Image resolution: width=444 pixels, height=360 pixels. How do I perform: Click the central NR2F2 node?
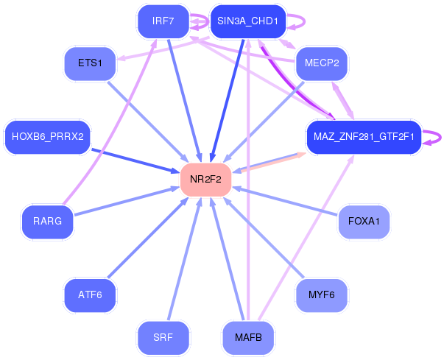click(x=206, y=180)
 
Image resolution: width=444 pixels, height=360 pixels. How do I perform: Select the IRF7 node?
click(x=163, y=21)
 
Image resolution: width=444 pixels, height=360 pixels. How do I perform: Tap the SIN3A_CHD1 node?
click(x=247, y=21)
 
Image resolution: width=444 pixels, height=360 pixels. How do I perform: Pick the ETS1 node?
click(x=90, y=63)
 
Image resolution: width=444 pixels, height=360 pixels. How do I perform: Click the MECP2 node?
click(x=322, y=63)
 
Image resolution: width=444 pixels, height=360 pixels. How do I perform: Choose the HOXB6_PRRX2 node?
click(x=48, y=137)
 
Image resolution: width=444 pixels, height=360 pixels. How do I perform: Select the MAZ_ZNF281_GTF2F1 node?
click(x=364, y=137)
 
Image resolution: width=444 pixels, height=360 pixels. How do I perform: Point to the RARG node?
click(x=48, y=222)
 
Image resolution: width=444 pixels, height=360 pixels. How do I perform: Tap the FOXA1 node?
click(x=364, y=222)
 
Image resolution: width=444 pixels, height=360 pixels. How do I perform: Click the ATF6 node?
click(x=90, y=295)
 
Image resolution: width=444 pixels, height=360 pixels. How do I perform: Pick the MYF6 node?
click(x=322, y=295)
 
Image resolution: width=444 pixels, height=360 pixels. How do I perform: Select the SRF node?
click(x=163, y=337)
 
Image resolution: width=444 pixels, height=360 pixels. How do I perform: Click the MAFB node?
click(x=248, y=337)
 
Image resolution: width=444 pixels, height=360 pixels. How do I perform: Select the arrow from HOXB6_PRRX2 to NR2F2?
click(x=135, y=160)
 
